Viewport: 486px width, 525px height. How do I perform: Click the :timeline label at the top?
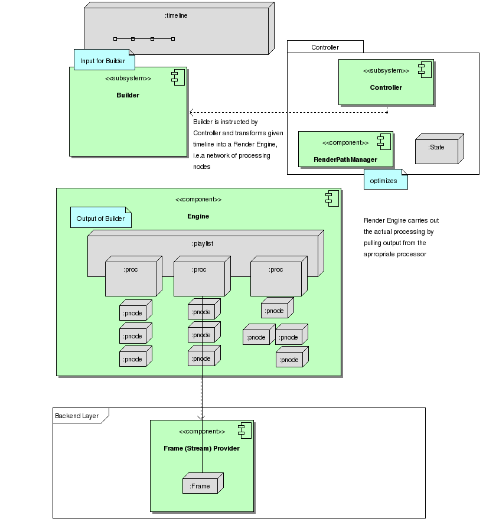click(176, 16)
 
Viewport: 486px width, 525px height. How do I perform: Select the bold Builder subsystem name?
click(128, 94)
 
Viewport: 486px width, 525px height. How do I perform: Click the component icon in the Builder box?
click(177, 76)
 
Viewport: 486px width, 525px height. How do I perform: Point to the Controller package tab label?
click(325, 47)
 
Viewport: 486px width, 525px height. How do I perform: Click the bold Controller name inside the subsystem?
click(386, 87)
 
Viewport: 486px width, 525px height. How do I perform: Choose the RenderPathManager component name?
click(345, 159)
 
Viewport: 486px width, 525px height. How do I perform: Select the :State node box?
click(437, 148)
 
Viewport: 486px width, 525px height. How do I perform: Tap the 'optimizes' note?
click(384, 181)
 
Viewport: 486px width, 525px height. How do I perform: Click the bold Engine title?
click(198, 216)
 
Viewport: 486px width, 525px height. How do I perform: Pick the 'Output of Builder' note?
click(100, 219)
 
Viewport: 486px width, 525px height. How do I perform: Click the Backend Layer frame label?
click(77, 416)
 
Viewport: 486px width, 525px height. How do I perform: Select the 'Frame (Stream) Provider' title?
click(201, 448)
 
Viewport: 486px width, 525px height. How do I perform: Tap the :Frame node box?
click(200, 486)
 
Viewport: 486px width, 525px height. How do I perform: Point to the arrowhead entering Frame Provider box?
click(202, 417)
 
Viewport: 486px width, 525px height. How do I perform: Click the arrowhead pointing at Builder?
click(191, 112)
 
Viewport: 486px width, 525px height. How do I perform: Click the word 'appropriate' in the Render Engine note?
click(384, 254)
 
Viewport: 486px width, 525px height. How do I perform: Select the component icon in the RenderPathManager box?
click(384, 141)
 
